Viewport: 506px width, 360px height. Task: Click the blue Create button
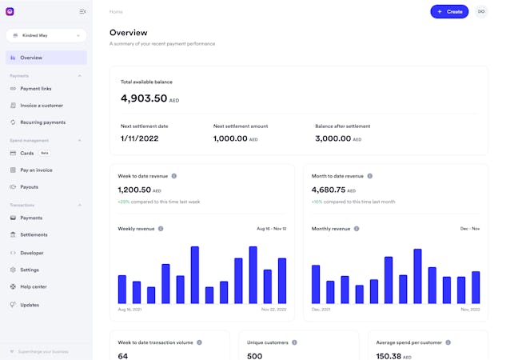point(449,11)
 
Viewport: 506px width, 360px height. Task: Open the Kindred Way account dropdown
point(46,35)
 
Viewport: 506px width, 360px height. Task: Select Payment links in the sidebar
point(36,88)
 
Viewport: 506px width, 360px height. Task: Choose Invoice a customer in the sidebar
point(41,106)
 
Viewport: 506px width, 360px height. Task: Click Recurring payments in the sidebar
point(42,122)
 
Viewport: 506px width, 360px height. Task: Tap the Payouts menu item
point(29,186)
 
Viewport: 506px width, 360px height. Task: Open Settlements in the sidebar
point(34,234)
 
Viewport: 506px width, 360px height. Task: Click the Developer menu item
point(32,252)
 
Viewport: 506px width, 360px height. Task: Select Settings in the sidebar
point(30,270)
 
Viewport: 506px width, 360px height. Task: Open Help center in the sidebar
point(34,286)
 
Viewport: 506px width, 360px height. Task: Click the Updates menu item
point(30,305)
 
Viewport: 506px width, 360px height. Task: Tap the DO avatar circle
point(481,11)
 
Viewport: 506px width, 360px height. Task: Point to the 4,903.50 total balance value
point(144,98)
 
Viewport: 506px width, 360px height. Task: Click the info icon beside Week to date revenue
point(174,176)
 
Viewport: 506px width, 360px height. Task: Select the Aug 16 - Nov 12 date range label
point(272,229)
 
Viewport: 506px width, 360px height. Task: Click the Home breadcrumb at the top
point(116,12)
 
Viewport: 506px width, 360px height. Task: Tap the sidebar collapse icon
point(83,11)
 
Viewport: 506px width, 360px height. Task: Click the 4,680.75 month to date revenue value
point(329,190)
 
